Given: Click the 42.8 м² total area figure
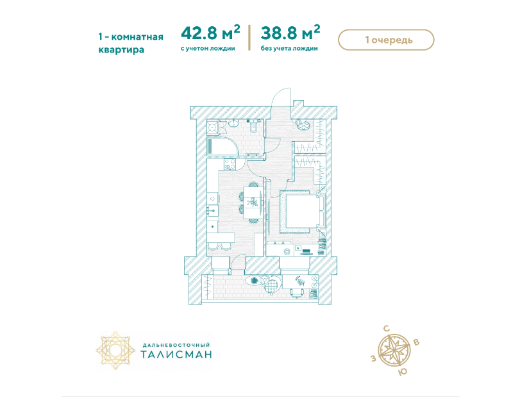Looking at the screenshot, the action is click(x=210, y=32).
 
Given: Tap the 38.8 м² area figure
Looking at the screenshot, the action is click(x=290, y=32).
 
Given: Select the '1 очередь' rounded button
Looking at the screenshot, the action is click(x=386, y=40).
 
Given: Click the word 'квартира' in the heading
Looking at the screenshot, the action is click(x=121, y=50).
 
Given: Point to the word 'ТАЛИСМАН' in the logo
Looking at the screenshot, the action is click(x=176, y=354).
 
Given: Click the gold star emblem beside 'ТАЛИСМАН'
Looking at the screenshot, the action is click(x=115, y=350).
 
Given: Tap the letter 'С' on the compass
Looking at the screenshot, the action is click(x=387, y=329).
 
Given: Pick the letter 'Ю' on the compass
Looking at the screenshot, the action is click(x=402, y=372).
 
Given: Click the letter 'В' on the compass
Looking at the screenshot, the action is click(x=417, y=342).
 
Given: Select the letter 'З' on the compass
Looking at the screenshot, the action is click(x=373, y=358).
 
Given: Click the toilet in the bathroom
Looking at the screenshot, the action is click(x=254, y=126).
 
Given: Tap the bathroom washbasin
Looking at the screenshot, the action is click(x=233, y=123).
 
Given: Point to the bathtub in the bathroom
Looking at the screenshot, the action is click(x=222, y=146).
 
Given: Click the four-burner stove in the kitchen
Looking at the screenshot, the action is click(x=230, y=164).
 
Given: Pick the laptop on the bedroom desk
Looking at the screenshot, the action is click(x=306, y=251).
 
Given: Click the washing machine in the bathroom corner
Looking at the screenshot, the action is click(x=213, y=127).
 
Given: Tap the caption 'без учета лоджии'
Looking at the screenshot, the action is click(x=289, y=49).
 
